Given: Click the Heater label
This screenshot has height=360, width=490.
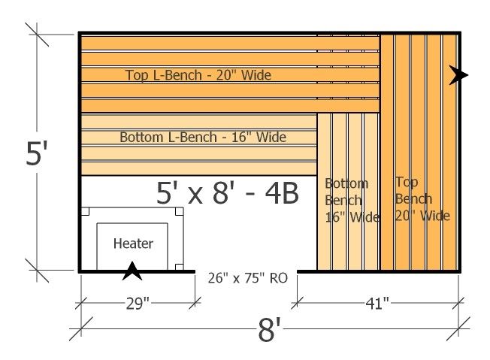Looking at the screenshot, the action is click(x=134, y=244).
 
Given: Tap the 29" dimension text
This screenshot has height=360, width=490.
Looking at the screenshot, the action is click(x=138, y=303).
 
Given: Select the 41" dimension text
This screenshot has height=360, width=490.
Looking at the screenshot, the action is click(x=377, y=303).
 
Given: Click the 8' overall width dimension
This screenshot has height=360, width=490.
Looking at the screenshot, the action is click(x=270, y=330).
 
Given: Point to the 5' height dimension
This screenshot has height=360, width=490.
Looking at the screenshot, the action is click(x=37, y=153).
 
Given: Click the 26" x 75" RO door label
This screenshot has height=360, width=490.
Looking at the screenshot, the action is click(x=247, y=278).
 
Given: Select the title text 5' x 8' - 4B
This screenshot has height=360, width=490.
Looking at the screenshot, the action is click(x=228, y=193).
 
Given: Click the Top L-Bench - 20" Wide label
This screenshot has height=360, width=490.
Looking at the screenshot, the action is click(x=198, y=75).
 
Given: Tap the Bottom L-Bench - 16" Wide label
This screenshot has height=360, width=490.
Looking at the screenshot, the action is click(x=203, y=138).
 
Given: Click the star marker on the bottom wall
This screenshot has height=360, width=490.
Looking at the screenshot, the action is click(x=132, y=271).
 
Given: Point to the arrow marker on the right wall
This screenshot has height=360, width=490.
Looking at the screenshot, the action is click(x=458, y=75).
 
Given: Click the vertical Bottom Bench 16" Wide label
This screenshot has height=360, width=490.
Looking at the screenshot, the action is click(x=352, y=201).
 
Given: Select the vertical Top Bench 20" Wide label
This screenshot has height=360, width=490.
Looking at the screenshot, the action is click(x=422, y=198).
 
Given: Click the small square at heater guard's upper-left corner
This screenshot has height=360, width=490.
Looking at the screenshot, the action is click(x=86, y=211).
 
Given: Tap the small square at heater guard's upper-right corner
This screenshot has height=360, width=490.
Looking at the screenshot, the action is click(x=180, y=211).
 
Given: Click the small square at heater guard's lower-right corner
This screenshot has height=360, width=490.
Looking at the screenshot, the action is click(x=180, y=267).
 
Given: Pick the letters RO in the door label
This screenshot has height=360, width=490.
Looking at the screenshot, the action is click(x=278, y=278).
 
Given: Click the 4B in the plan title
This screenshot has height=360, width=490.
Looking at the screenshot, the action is click(x=282, y=193).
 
